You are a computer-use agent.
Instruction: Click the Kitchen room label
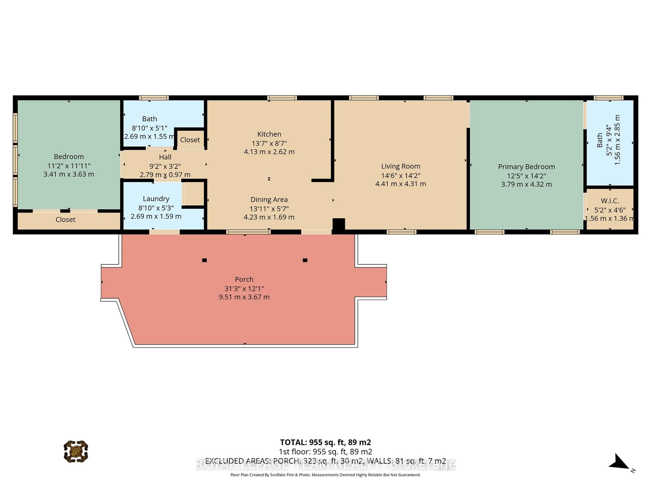[269, 134]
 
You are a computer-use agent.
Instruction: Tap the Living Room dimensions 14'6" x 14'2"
[401, 176]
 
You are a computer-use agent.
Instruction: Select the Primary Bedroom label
[526, 167]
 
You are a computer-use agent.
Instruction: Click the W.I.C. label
[610, 201]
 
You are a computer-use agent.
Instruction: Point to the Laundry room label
[156, 199]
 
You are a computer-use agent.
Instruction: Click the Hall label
[165, 157]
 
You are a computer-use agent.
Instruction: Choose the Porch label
[244, 279]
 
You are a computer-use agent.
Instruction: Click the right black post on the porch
[305, 260]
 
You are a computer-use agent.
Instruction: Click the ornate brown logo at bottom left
[76, 452]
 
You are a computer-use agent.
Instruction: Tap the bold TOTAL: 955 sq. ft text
[325, 442]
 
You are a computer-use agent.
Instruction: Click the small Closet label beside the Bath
[190, 140]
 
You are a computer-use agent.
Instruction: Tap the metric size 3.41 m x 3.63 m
[69, 174]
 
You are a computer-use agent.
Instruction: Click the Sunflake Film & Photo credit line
[325, 475]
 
